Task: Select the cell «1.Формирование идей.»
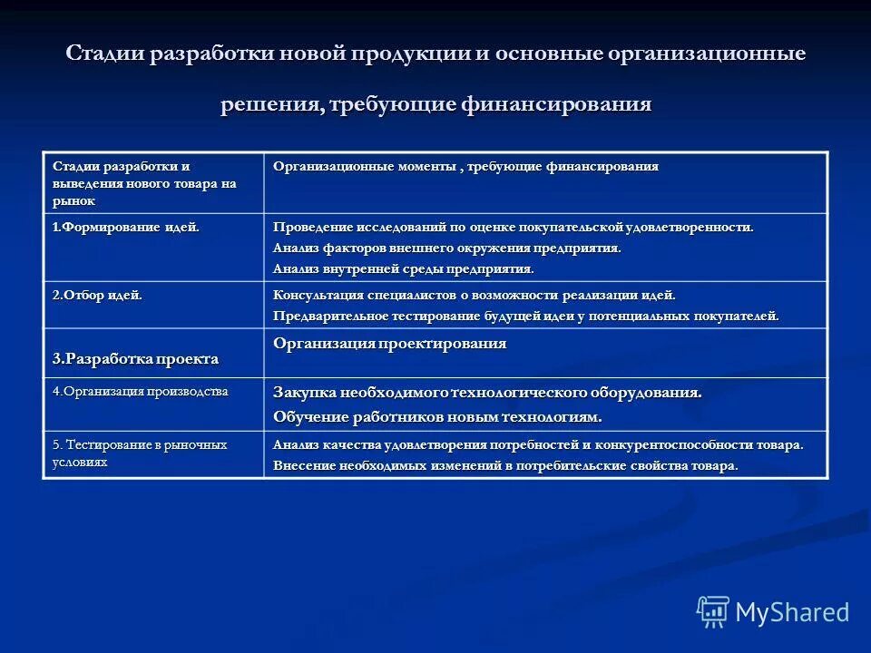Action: coord(125,228)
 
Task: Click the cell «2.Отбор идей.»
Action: coord(97,295)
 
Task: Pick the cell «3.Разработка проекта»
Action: coord(135,359)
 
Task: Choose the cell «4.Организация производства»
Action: coord(140,392)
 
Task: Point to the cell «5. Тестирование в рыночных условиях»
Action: coord(139,453)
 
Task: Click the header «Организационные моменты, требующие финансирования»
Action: coord(465,167)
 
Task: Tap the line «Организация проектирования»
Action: coord(389,344)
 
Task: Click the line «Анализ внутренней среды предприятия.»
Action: coord(404,269)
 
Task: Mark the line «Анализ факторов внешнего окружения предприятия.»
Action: coord(446,249)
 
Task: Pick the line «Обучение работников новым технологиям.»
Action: coord(437,417)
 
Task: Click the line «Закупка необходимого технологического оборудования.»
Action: coord(487,394)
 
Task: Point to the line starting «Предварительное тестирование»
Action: coord(525,317)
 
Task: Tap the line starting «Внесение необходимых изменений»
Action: coord(505,466)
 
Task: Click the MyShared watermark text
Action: coord(792,612)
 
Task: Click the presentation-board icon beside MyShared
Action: coord(713,612)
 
